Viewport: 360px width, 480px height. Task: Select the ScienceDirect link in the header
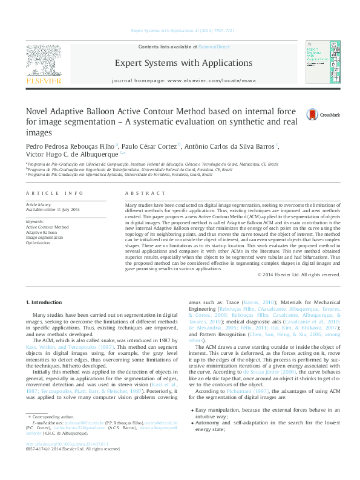click(x=214, y=47)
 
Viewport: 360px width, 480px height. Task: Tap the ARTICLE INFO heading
click(x=55, y=193)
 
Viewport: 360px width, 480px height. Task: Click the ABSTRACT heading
click(x=139, y=193)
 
